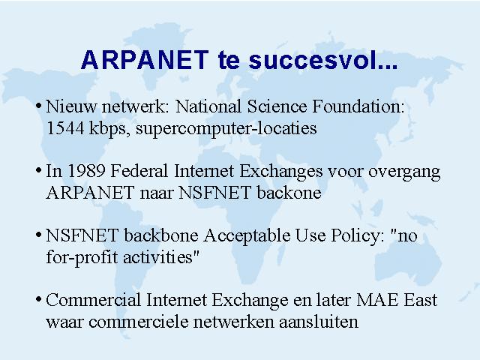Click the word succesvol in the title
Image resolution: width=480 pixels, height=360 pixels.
(323, 60)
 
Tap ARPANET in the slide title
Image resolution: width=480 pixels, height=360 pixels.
(145, 60)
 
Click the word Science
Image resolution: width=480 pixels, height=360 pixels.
(277, 106)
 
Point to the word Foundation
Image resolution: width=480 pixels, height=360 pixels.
(358, 106)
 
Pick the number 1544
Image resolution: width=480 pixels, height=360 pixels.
(65, 128)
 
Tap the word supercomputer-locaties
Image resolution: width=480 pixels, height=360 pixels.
(226, 129)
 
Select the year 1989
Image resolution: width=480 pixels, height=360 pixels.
(86, 171)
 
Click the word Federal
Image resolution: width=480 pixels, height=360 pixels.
(139, 171)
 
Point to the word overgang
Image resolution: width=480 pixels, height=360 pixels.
(404, 172)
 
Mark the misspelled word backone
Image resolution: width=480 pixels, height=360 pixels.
(289, 193)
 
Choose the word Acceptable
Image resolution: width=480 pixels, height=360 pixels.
(247, 236)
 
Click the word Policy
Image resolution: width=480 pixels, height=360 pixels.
(358, 236)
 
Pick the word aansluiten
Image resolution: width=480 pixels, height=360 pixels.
(319, 322)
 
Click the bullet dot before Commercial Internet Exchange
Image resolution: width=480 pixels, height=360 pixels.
(38, 298)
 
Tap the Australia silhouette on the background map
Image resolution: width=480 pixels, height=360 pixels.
(407, 260)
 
